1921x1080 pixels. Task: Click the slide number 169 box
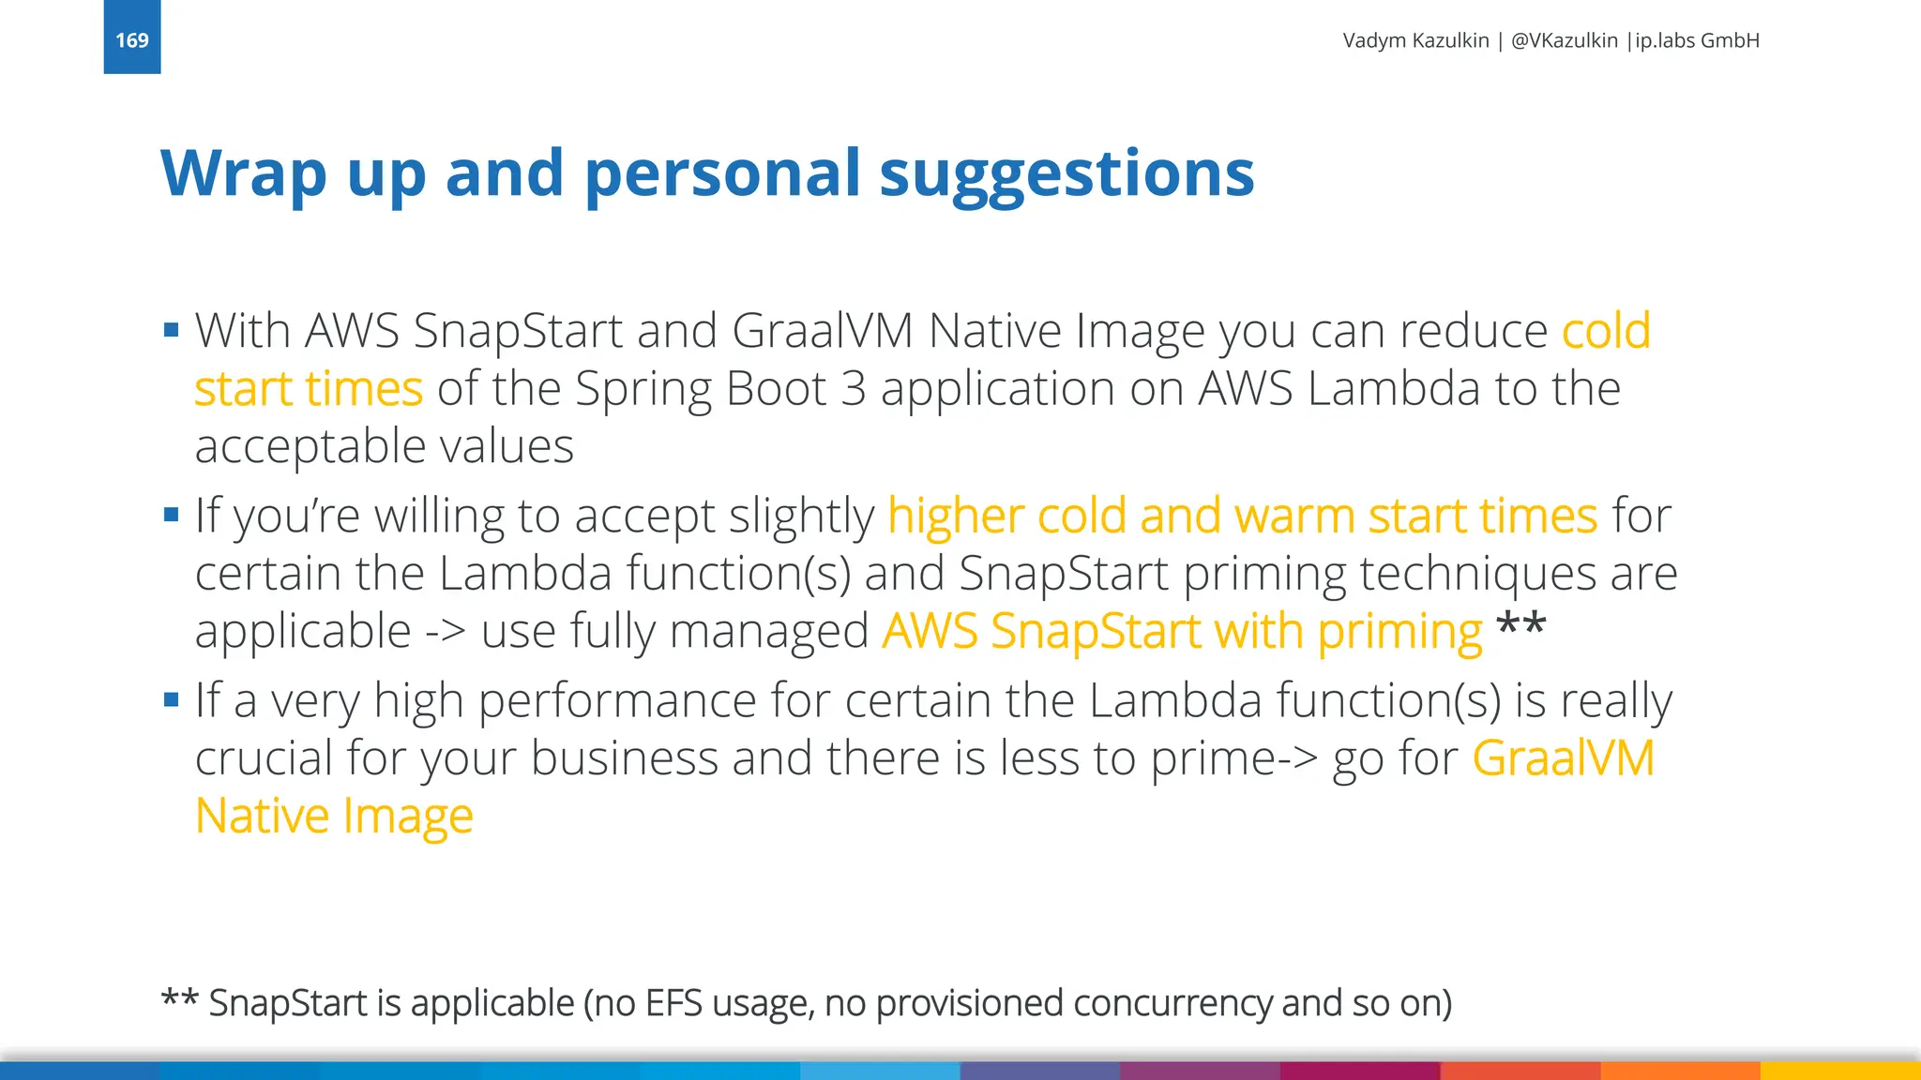(131, 37)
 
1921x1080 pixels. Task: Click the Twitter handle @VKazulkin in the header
(1564, 40)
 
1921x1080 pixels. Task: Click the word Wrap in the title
(243, 174)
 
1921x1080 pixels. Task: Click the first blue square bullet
(171, 330)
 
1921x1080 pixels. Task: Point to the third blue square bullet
(171, 699)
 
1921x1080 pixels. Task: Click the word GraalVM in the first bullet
(822, 331)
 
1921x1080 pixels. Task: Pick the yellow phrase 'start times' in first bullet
(309, 389)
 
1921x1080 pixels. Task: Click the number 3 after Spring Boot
(853, 389)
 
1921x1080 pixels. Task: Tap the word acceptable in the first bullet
(310, 447)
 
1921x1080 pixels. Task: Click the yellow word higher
(955, 517)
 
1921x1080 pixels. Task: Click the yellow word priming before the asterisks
(1399, 632)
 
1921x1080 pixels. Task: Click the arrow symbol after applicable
(446, 632)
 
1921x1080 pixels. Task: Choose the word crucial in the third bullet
(263, 757)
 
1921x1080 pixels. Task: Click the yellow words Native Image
(334, 816)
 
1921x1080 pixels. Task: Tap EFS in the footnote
(673, 1003)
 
